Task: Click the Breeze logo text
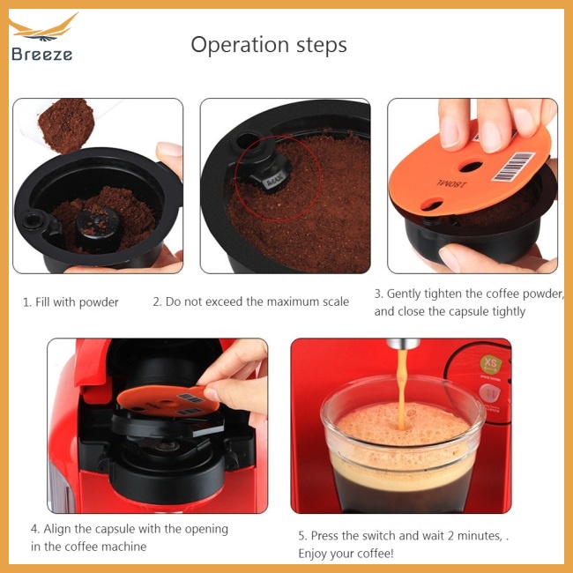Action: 41,54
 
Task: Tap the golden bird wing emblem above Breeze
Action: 43,28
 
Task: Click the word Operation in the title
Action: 240,45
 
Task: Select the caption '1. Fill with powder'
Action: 71,302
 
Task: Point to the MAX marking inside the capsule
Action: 274,182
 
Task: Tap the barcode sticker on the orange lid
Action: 513,167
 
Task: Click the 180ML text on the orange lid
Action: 451,184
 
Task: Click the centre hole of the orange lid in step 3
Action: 471,167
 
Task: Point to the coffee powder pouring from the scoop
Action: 66,124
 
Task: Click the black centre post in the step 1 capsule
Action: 97,229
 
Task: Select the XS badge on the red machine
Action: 490,364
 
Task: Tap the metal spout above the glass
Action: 403,344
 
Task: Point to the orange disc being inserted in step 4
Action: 167,401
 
